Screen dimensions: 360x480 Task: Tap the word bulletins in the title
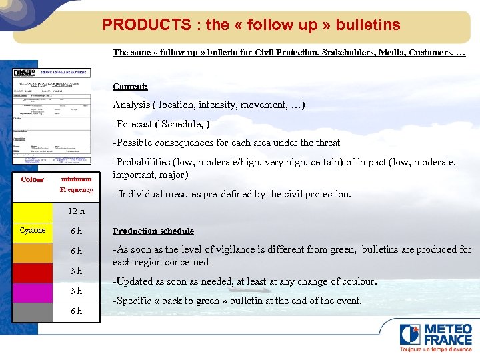(x=368, y=25)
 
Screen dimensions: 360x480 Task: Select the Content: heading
(x=130, y=86)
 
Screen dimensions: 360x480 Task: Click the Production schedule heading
(x=153, y=231)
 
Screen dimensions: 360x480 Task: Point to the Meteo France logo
(x=435, y=336)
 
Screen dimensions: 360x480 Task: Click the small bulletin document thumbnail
(x=53, y=116)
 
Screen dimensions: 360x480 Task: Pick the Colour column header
(x=33, y=179)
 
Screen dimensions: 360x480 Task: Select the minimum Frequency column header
(x=77, y=184)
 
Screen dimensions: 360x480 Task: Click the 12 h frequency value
(x=77, y=211)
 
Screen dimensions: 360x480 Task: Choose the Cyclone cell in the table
(x=33, y=231)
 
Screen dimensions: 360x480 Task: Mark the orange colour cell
(x=33, y=251)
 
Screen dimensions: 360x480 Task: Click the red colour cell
(x=33, y=271)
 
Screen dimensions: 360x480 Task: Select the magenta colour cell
(x=33, y=291)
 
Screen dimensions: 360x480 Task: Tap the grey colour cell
(x=33, y=311)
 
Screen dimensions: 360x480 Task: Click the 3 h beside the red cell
(x=77, y=271)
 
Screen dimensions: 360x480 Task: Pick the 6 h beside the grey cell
(x=77, y=311)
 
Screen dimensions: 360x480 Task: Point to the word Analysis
(x=131, y=105)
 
